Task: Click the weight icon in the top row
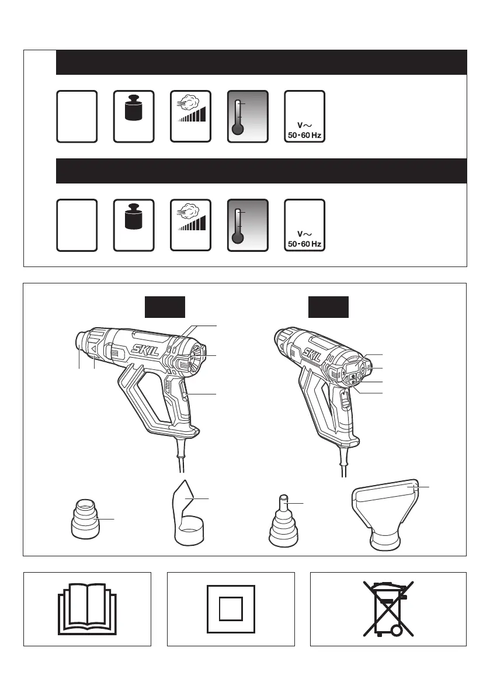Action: coord(134,109)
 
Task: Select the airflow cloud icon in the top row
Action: coord(190,108)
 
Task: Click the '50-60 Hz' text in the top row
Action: coord(305,135)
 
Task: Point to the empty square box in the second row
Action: coord(77,225)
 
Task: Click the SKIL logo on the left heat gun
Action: coord(145,350)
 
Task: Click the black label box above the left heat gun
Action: coord(165,307)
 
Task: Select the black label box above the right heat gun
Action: coord(328,307)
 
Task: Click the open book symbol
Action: coord(88,609)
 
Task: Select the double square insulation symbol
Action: coord(231,609)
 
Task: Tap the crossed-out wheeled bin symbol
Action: coord(388,609)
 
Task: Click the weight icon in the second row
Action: coord(134,217)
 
